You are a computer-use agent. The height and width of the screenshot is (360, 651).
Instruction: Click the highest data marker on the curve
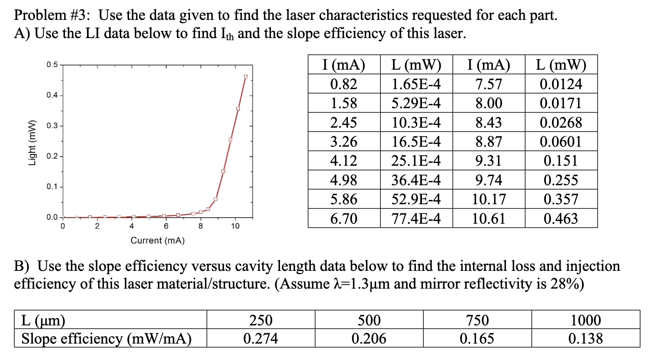click(x=246, y=77)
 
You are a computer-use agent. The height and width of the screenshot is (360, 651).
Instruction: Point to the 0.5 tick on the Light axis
click(x=52, y=65)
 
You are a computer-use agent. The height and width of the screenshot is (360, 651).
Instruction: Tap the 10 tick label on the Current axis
click(x=235, y=226)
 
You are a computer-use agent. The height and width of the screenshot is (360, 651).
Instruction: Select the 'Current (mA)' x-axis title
click(x=158, y=241)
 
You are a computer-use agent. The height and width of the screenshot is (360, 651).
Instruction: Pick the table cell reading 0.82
click(x=344, y=84)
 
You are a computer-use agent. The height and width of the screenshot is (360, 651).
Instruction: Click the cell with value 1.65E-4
click(x=416, y=84)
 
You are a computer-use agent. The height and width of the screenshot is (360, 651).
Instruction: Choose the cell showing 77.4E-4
click(x=416, y=219)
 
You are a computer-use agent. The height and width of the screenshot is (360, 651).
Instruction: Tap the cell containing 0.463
click(x=561, y=219)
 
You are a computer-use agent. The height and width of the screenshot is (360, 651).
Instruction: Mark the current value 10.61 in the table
click(x=489, y=219)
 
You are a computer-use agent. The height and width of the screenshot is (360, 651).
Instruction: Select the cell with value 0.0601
click(x=561, y=141)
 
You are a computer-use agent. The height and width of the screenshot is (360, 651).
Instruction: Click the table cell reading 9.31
click(x=489, y=161)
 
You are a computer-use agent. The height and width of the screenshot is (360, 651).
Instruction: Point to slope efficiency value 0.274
click(x=261, y=338)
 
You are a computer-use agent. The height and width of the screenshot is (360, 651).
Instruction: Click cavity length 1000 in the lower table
click(x=586, y=320)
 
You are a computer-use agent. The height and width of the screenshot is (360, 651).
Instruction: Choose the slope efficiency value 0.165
click(x=477, y=338)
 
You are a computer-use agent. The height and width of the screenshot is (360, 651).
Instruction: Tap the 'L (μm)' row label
click(x=43, y=320)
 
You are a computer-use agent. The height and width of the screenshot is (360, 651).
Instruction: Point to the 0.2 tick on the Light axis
click(x=52, y=156)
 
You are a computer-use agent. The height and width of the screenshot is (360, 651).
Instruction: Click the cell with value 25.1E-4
click(x=416, y=161)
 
